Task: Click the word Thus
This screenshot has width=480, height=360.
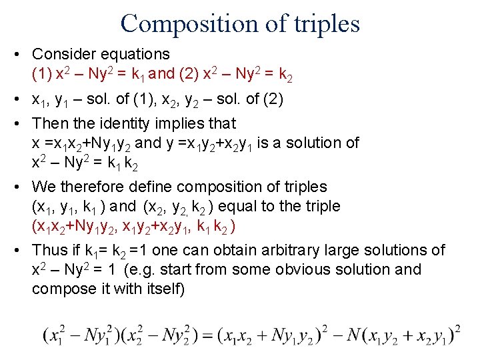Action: (x=49, y=250)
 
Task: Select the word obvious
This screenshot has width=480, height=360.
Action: (x=296, y=270)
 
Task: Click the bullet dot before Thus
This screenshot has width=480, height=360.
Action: (x=22, y=250)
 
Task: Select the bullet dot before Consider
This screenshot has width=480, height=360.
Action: (x=22, y=54)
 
